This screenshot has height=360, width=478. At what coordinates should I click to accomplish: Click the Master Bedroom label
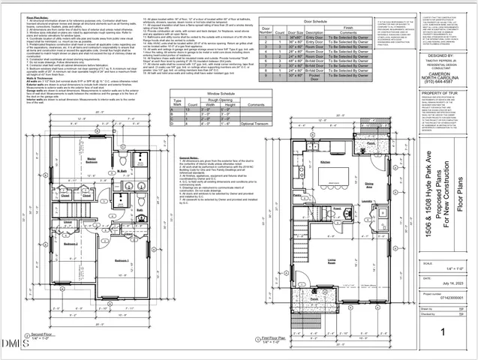point(92,161)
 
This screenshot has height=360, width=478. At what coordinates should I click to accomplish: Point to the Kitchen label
point(325,162)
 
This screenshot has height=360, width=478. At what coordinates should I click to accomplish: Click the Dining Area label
point(370,184)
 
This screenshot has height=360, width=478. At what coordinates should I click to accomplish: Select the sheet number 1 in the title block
point(444,331)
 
